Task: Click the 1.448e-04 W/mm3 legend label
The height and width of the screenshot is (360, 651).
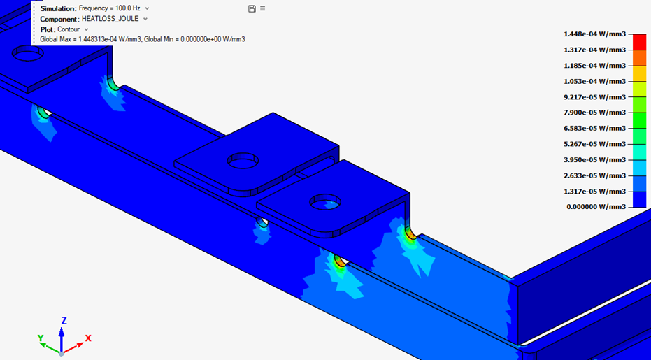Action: [594, 34]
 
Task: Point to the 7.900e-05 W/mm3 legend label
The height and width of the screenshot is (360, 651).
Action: [594, 113]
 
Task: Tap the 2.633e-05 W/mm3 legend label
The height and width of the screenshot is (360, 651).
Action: [594, 175]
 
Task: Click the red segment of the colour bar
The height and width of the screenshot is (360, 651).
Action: [639, 42]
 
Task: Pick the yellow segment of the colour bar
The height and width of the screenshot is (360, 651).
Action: [639, 73]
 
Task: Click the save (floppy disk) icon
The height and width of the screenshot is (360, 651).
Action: [252, 8]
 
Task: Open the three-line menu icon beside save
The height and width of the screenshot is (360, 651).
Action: [262, 8]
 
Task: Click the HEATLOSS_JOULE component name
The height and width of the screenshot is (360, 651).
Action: [110, 19]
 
